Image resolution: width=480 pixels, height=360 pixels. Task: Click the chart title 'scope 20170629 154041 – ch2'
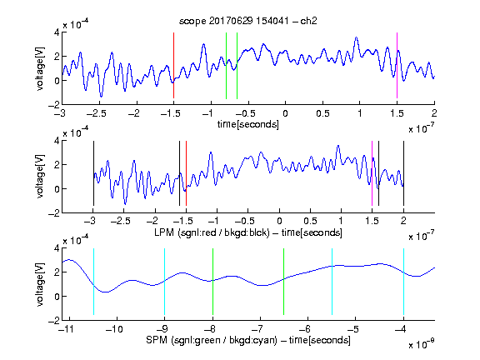click(x=248, y=21)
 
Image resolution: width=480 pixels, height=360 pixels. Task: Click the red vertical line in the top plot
click(x=173, y=65)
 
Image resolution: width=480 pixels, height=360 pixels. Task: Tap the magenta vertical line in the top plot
click(x=397, y=65)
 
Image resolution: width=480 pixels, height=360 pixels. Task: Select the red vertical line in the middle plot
click(x=186, y=173)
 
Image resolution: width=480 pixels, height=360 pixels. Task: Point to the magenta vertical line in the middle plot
click(x=372, y=173)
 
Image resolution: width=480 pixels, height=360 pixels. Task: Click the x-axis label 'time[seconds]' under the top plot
click(x=248, y=124)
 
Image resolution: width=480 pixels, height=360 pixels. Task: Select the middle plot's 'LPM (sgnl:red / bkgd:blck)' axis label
click(x=212, y=232)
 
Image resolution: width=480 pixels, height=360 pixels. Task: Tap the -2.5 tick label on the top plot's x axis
click(x=97, y=113)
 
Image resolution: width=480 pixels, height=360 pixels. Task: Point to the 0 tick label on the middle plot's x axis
click(x=279, y=221)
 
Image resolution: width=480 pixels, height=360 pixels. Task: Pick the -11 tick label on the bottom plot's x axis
click(x=67, y=329)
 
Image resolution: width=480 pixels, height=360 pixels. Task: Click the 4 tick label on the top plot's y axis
click(x=57, y=32)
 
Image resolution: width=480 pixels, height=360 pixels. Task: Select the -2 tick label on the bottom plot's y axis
click(x=54, y=320)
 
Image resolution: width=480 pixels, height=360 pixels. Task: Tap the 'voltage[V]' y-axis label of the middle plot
click(x=40, y=176)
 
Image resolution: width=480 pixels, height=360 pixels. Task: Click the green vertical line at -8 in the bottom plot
click(x=212, y=282)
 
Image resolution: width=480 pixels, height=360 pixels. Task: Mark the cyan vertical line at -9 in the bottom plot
click(x=165, y=282)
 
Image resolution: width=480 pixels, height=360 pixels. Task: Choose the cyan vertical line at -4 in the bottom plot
click(x=403, y=282)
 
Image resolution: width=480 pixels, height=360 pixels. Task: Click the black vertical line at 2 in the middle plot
click(x=403, y=173)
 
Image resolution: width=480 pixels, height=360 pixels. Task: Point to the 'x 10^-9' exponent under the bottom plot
click(x=422, y=343)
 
